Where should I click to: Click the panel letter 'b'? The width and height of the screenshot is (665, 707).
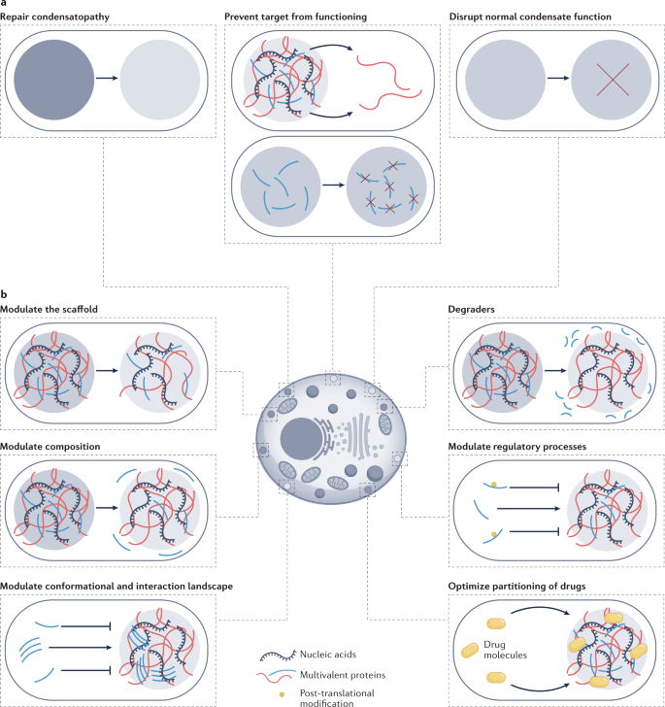(5, 295)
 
